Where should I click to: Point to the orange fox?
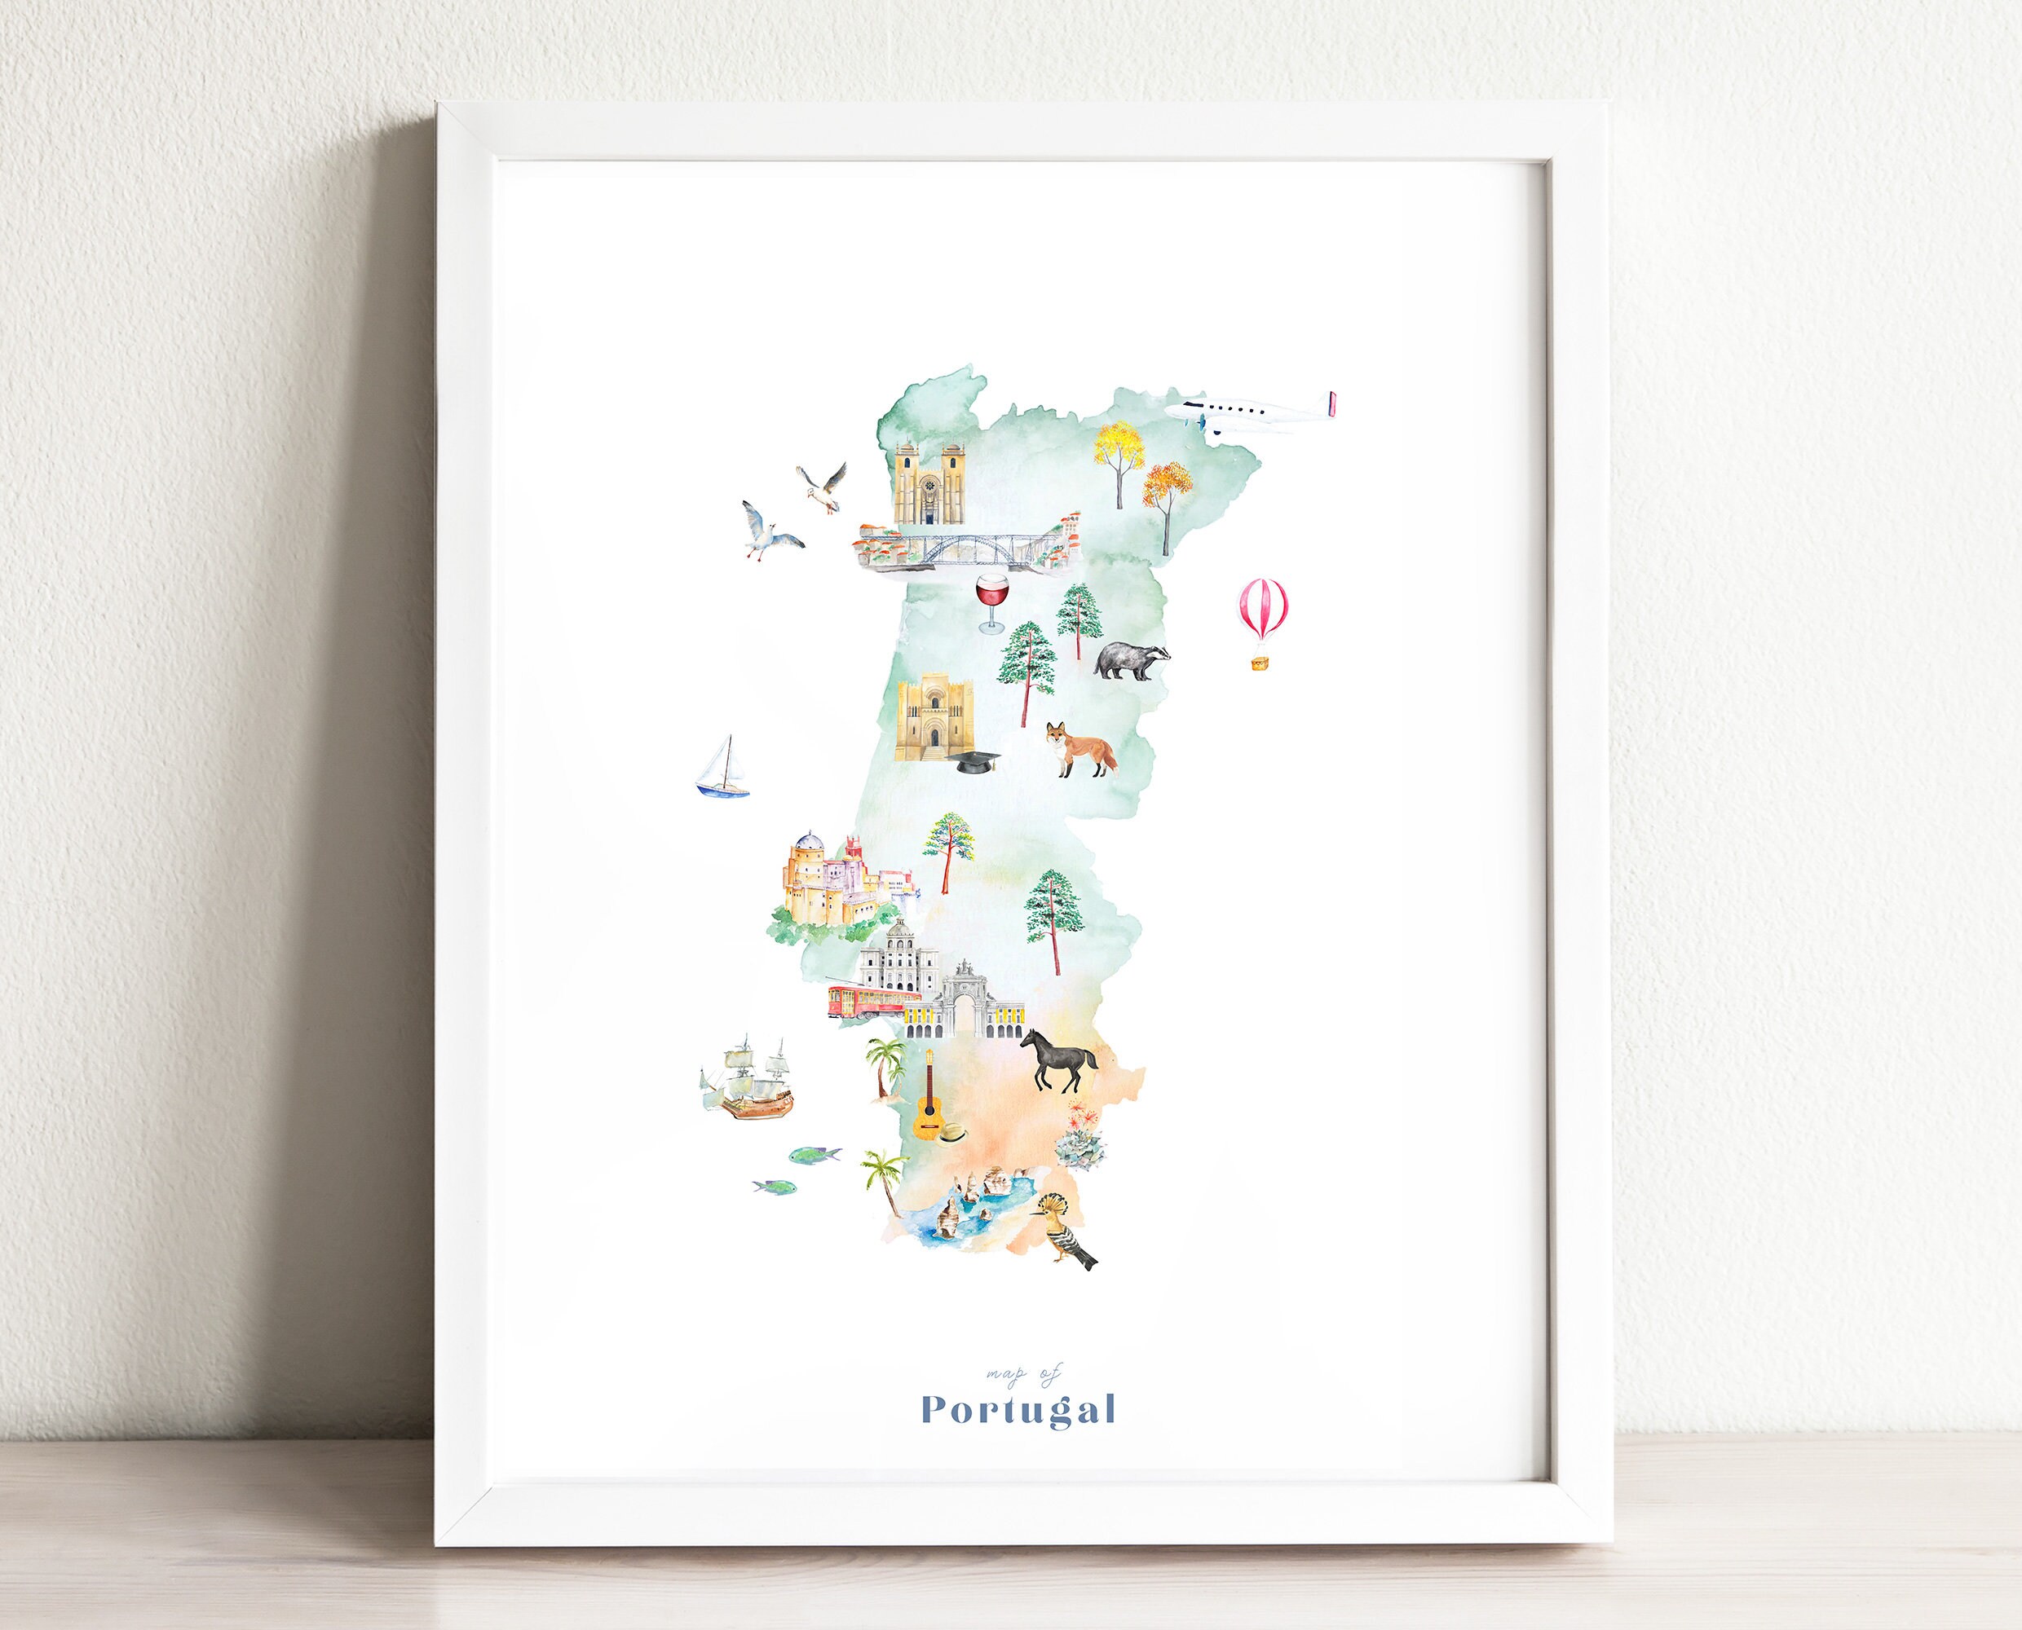click(x=1083, y=748)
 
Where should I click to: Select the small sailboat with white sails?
click(x=722, y=768)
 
